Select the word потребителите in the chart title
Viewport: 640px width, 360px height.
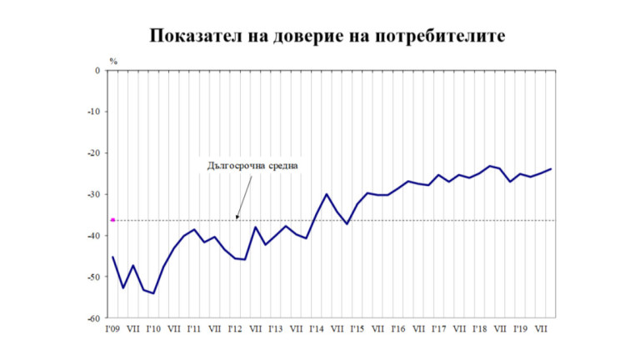(435, 37)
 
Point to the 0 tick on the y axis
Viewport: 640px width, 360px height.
(97, 71)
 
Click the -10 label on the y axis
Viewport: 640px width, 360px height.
(94, 112)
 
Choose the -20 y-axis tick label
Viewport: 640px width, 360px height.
(94, 153)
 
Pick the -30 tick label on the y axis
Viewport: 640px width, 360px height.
(94, 194)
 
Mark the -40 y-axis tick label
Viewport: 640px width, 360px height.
(94, 236)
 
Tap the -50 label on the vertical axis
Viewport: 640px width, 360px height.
(94, 277)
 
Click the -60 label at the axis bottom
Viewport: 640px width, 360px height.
(94, 317)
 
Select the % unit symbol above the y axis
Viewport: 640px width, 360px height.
(113, 61)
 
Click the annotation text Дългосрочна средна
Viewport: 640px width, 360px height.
(252, 165)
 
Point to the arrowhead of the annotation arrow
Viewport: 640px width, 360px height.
(237, 218)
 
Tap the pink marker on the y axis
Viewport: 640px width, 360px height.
(112, 220)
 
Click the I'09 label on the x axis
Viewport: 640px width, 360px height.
(113, 328)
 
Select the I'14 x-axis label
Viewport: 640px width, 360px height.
(317, 328)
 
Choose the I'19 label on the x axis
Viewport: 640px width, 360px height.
(520, 328)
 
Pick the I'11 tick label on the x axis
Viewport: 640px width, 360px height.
(194, 328)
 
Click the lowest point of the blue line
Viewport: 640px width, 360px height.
(154, 293)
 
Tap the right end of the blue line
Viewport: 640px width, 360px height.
(551, 169)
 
